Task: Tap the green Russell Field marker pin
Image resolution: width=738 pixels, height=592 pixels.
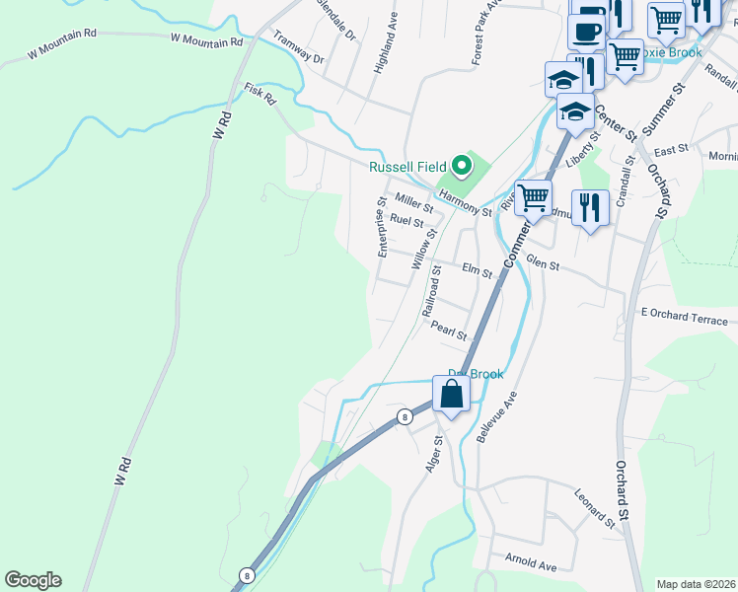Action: pyautogui.click(x=460, y=166)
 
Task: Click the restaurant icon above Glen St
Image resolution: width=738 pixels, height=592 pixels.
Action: pyautogui.click(x=590, y=207)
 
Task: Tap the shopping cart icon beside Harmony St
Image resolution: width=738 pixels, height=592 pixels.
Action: pyautogui.click(x=534, y=196)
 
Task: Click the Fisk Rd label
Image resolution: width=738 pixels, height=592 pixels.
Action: pyautogui.click(x=261, y=95)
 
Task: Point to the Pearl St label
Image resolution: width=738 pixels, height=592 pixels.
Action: pyautogui.click(x=449, y=333)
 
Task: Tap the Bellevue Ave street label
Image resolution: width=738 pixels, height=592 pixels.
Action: pyautogui.click(x=497, y=416)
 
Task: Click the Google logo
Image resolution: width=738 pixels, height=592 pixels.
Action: pyautogui.click(x=33, y=580)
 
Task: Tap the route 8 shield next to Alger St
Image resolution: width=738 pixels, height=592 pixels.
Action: pyautogui.click(x=404, y=417)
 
